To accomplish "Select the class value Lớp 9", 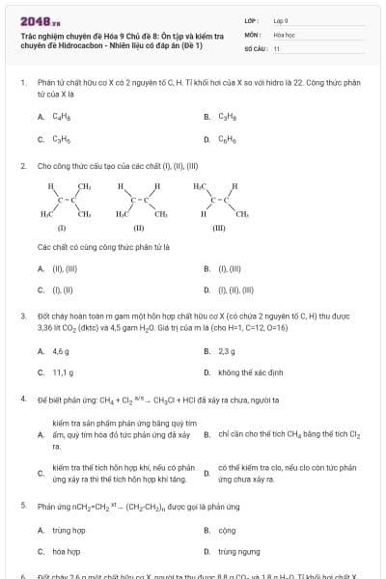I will (x=282, y=19).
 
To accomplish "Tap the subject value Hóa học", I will (x=284, y=33).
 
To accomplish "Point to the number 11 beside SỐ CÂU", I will (x=277, y=47).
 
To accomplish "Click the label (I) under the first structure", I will (x=62, y=230).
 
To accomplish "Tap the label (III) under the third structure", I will (x=218, y=230).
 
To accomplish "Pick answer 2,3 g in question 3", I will (x=227, y=352).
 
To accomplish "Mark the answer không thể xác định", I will (x=250, y=372).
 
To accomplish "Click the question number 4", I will (x=22, y=399).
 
